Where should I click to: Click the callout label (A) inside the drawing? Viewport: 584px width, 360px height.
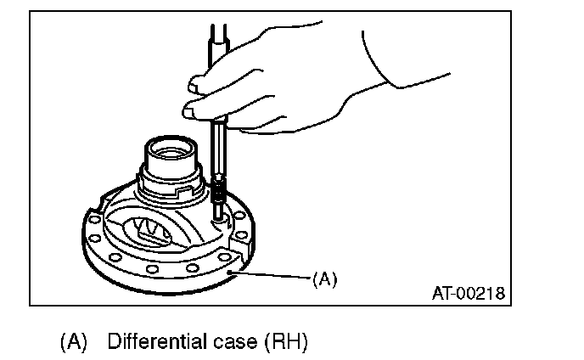click(325, 277)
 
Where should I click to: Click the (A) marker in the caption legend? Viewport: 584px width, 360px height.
click(74, 342)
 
